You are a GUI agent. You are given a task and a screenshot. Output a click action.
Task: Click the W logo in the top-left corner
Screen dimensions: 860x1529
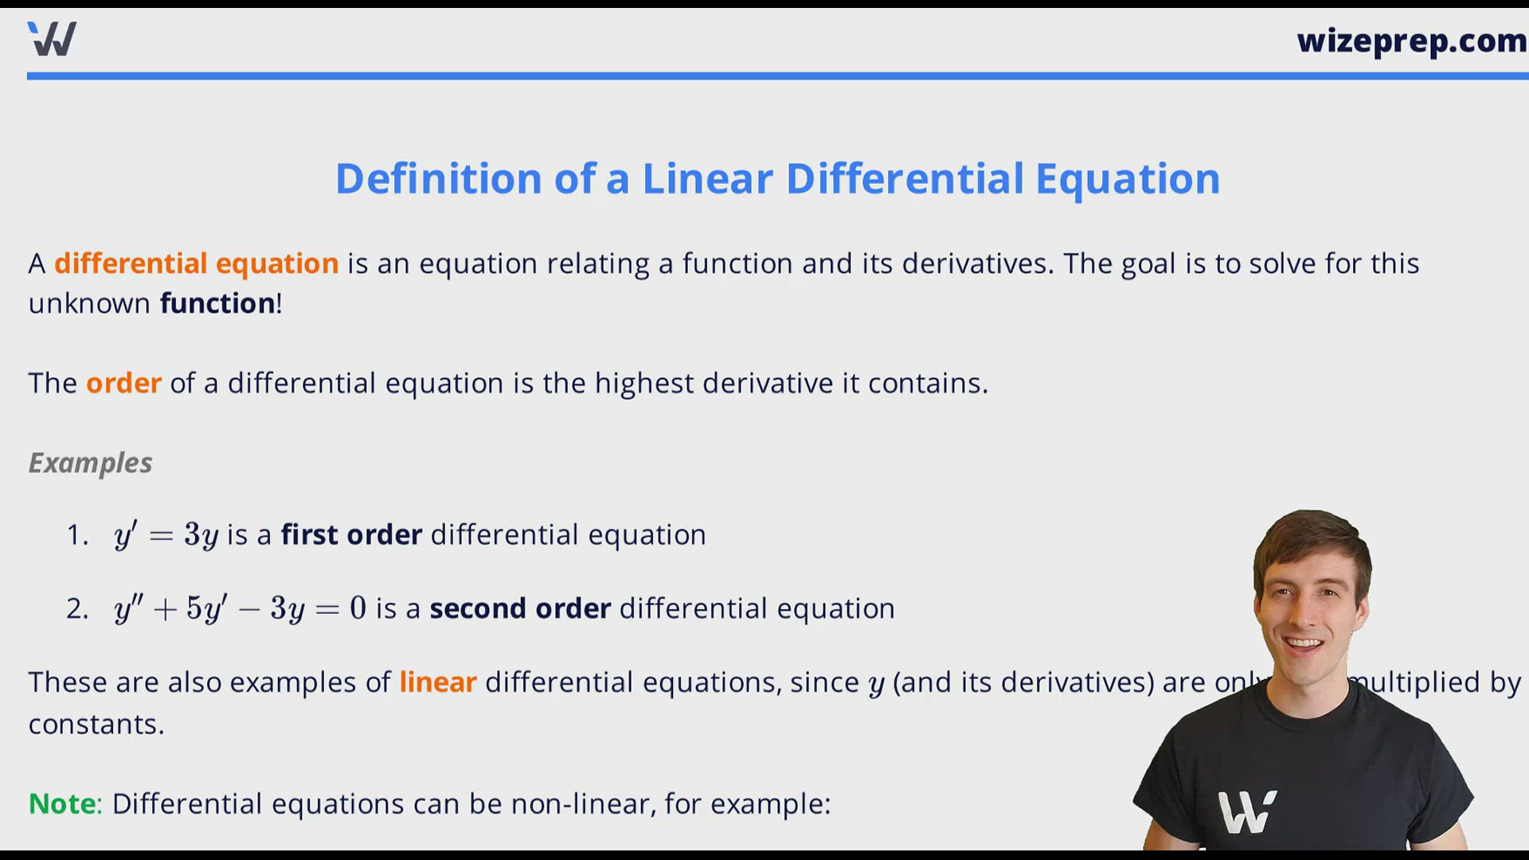[52, 38]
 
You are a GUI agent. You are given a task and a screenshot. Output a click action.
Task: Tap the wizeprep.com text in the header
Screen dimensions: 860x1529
[1411, 41]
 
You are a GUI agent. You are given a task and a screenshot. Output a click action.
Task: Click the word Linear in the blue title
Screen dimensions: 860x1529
[707, 178]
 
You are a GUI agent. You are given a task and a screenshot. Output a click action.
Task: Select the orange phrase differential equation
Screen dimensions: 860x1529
[197, 264]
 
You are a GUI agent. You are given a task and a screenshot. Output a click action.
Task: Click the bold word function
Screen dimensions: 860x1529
[217, 303]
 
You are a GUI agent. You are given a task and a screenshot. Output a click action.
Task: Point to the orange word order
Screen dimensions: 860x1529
[123, 383]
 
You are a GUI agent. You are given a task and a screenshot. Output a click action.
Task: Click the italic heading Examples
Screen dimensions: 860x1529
[90, 463]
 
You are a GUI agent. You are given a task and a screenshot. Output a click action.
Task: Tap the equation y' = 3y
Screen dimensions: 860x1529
[166, 534]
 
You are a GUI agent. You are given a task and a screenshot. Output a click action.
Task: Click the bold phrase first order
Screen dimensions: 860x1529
[351, 534]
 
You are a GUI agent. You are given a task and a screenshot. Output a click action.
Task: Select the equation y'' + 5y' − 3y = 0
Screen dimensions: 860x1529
[240, 608]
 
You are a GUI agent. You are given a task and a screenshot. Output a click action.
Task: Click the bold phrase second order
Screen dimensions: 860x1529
[520, 608]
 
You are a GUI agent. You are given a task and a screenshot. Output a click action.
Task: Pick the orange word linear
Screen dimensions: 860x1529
[437, 682]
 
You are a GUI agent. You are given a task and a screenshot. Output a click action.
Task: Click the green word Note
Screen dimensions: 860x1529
[62, 803]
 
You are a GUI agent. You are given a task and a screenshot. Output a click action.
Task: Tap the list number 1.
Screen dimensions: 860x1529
[77, 535]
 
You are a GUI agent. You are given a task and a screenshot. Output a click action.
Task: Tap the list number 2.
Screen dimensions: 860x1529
[77, 609]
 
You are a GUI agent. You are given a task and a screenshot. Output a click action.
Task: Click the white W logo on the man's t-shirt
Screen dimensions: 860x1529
[1247, 812]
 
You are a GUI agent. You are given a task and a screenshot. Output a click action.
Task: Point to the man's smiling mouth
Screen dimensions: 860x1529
[1304, 643]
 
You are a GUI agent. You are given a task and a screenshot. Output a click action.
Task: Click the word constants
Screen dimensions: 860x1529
[96, 725]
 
